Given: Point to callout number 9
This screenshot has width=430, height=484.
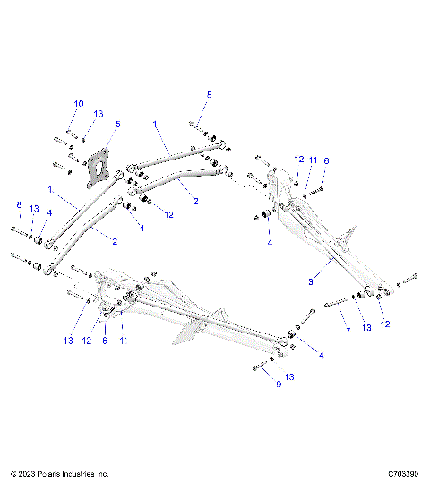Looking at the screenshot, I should [254, 384].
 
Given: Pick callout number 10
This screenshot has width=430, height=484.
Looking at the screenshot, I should [78, 103].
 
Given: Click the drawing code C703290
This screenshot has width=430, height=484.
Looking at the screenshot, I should [406, 472].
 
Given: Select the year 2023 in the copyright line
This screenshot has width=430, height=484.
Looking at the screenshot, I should [30, 472].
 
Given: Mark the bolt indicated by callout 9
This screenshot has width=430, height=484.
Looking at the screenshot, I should [259, 367].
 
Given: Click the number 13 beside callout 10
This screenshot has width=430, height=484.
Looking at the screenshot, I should [99, 114].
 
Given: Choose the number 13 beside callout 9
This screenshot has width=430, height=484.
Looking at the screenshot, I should [288, 376].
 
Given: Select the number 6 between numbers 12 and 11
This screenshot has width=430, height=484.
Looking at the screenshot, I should [105, 341].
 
